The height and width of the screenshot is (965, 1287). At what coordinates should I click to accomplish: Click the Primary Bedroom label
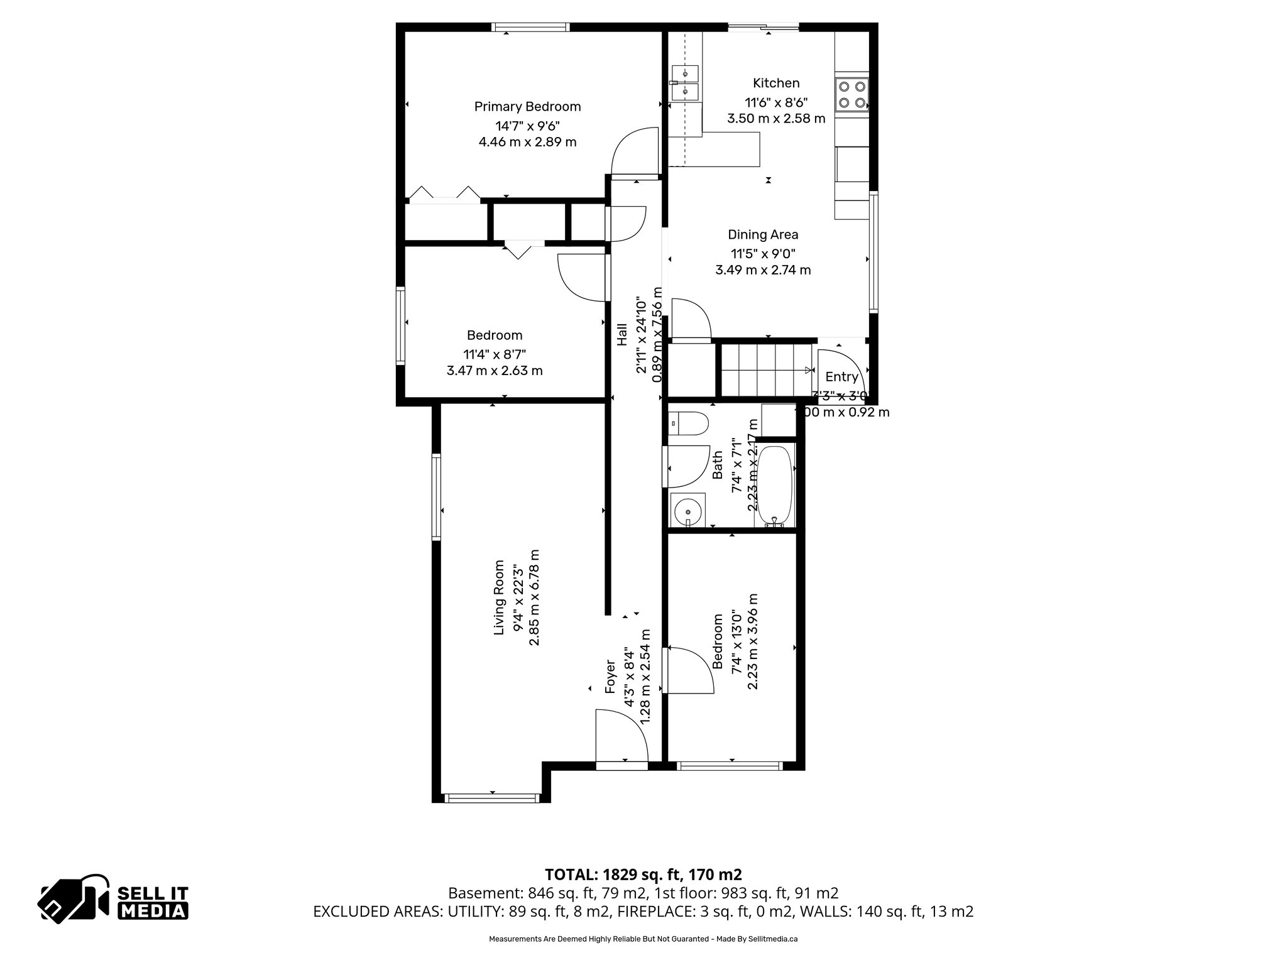(x=527, y=107)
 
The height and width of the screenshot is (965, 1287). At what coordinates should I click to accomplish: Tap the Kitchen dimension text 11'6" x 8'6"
(x=776, y=102)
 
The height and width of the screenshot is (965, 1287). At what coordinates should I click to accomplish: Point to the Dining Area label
(x=763, y=235)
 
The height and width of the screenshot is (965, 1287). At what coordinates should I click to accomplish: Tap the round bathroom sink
(x=688, y=511)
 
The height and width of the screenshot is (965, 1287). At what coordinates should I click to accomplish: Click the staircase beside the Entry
(x=765, y=371)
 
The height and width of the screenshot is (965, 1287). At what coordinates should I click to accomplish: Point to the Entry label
(x=841, y=377)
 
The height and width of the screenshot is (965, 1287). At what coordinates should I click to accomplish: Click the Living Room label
(x=500, y=597)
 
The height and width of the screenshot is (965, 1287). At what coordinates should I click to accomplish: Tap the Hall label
(x=622, y=334)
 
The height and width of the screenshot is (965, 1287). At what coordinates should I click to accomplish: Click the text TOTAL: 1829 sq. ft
(x=643, y=875)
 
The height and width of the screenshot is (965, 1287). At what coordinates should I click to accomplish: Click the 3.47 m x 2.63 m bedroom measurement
(x=495, y=371)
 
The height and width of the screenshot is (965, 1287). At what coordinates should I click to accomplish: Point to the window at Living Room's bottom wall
(x=492, y=799)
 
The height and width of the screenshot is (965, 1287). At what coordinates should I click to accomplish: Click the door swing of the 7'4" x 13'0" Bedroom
(x=689, y=670)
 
